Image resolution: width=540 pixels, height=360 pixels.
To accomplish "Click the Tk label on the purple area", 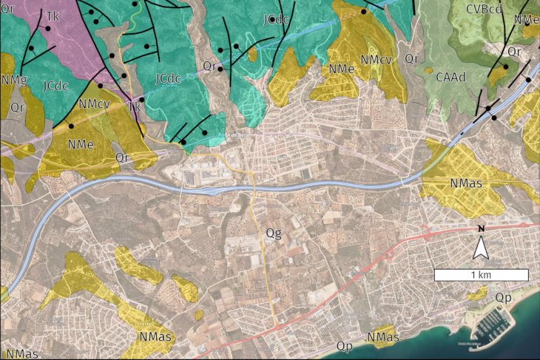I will click(53, 16).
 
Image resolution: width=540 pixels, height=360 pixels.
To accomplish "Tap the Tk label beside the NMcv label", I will click(135, 107).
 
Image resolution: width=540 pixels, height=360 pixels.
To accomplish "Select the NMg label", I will click(15, 79).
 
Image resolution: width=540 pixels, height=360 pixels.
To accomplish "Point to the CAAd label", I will click(450, 77).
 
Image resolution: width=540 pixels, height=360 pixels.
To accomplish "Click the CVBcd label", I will click(485, 9).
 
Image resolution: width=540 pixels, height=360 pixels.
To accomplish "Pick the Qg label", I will click(274, 234).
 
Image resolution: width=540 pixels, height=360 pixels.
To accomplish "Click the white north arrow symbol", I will click(481, 249).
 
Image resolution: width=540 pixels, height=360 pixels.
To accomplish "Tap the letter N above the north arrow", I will click(481, 229).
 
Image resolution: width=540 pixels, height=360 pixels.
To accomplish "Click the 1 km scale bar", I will click(481, 275).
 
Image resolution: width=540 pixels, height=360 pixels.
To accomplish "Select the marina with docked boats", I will click(490, 322).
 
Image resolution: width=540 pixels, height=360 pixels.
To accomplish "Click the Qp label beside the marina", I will click(504, 297).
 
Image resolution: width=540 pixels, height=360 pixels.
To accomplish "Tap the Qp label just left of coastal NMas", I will click(344, 345).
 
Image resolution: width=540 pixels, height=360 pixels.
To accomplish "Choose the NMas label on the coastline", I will click(383, 338).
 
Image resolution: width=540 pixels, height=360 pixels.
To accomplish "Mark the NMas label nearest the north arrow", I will click(465, 181).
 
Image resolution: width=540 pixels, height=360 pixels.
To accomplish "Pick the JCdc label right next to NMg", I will click(56, 85).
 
